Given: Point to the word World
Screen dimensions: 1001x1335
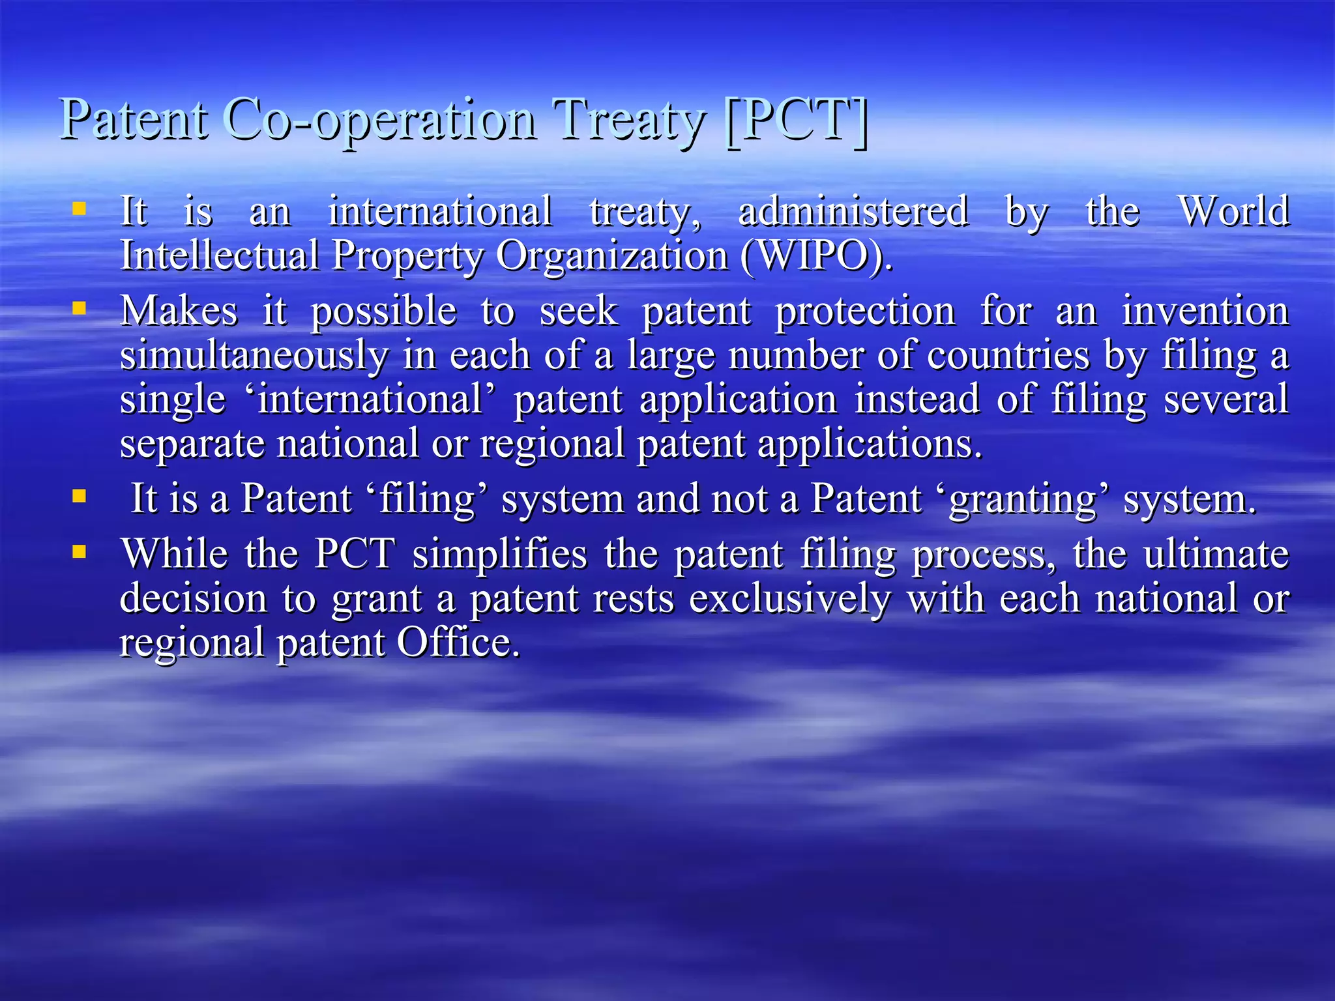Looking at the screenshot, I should [1234, 211].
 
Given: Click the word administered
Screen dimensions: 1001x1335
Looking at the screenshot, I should [853, 211].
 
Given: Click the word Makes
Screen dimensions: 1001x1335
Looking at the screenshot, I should [179, 311].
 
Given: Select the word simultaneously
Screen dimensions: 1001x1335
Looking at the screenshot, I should [254, 355].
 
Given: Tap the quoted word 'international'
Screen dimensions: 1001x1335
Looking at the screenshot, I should [370, 399].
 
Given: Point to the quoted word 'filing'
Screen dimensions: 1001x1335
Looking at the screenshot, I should [427, 499].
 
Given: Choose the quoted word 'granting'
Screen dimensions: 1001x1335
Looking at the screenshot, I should [1023, 499].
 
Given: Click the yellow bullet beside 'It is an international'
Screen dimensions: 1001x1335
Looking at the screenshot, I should [79, 209].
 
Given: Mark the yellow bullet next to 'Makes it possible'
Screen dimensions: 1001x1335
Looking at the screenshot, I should [79, 308].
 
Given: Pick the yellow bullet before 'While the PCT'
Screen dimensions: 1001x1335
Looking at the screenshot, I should [79, 552].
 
